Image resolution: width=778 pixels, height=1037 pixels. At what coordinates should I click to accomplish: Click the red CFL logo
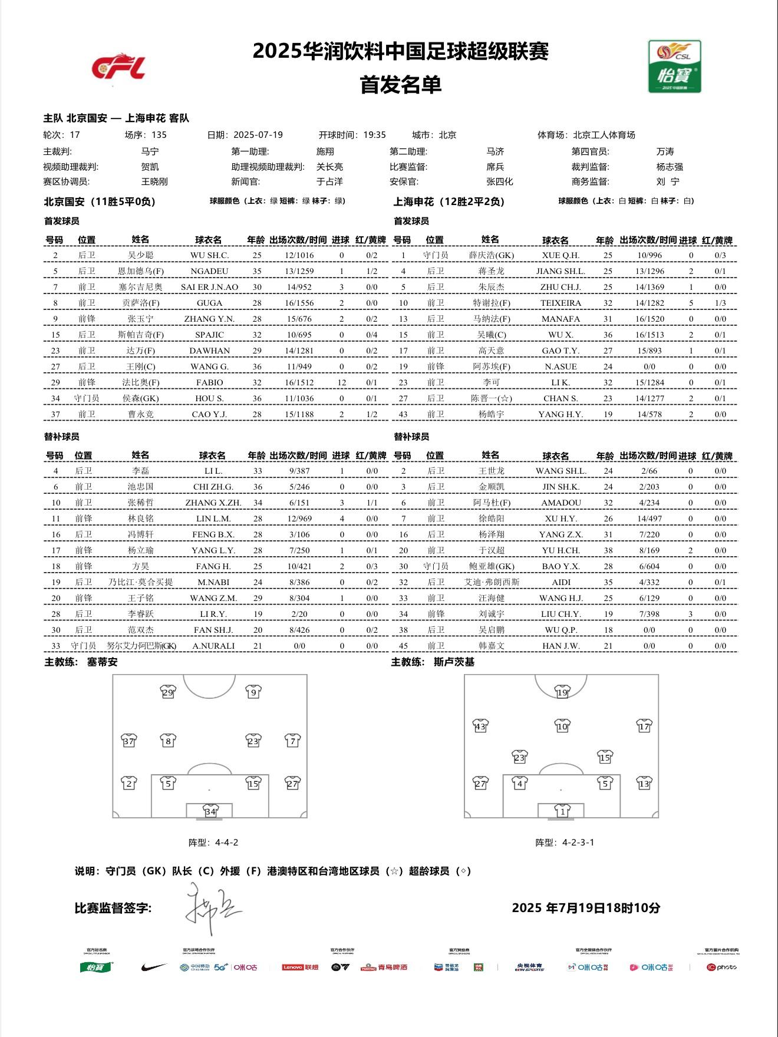click(118, 67)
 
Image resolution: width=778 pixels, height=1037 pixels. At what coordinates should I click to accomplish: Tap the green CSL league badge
click(674, 66)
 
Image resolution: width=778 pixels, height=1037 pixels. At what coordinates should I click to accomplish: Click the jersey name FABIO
click(209, 382)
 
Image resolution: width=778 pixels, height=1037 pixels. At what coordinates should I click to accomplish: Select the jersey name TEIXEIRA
click(561, 303)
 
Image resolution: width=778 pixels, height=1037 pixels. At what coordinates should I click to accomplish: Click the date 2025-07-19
click(258, 135)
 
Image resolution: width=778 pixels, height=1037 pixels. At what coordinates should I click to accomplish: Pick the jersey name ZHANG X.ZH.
click(213, 503)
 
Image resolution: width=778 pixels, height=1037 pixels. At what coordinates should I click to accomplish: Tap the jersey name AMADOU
click(561, 503)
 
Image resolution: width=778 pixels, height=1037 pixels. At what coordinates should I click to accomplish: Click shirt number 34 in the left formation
click(210, 811)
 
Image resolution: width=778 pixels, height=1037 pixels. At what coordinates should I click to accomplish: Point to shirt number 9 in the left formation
click(253, 692)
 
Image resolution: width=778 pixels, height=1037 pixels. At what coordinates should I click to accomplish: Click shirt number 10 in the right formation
click(562, 726)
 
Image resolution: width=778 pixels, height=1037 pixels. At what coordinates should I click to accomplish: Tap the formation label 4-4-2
click(226, 843)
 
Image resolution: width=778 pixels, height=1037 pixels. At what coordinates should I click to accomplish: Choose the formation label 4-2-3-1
click(578, 843)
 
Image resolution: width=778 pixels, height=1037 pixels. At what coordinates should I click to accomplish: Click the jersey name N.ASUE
click(561, 366)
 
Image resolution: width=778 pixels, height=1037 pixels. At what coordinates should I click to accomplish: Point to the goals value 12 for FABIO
click(341, 382)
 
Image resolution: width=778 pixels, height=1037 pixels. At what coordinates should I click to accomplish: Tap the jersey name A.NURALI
click(213, 646)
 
